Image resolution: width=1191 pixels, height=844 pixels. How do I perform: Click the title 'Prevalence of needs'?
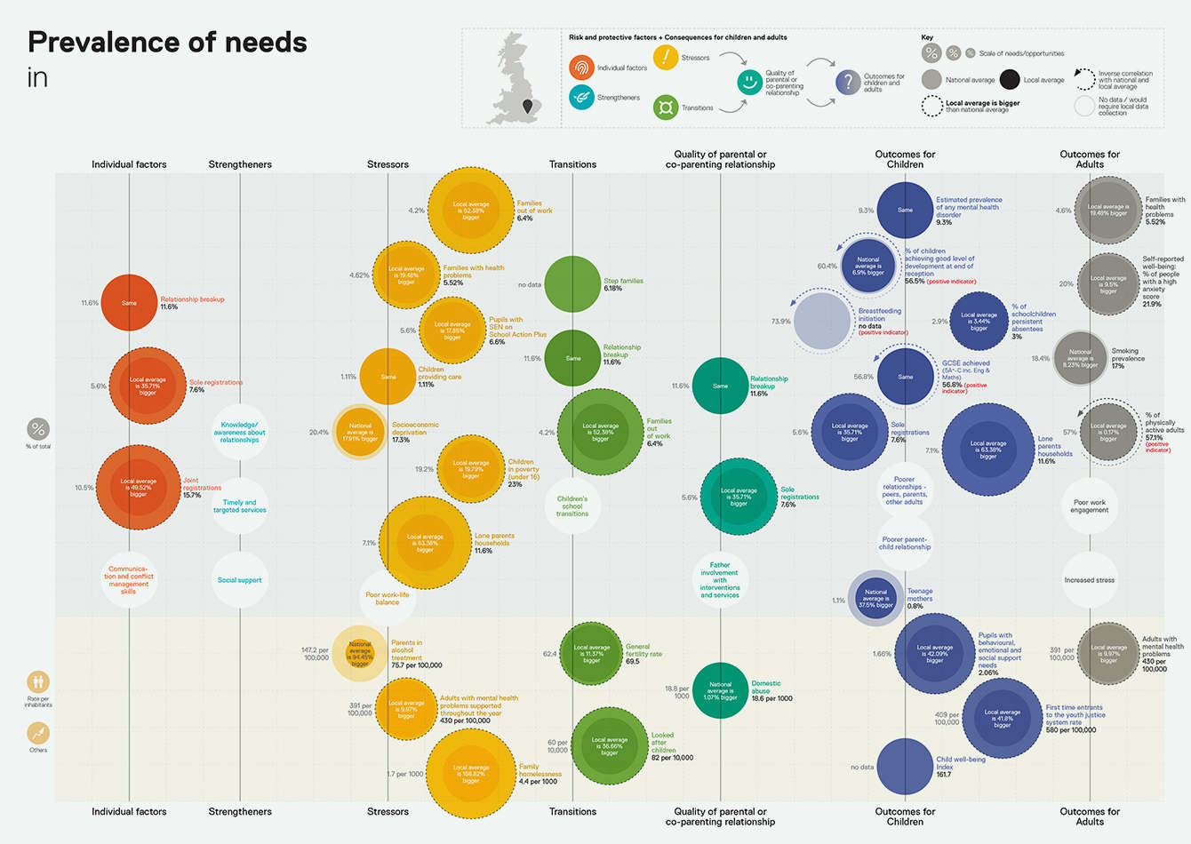coord(167,43)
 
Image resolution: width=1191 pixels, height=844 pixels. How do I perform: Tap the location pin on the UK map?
coord(529,107)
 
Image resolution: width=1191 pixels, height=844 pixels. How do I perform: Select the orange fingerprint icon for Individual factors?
coord(581,68)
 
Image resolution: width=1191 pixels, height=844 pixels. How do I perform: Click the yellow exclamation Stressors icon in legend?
coord(666,57)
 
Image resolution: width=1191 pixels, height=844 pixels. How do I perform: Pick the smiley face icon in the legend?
coord(750,83)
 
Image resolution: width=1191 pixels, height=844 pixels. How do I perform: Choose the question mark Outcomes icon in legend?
coord(848,83)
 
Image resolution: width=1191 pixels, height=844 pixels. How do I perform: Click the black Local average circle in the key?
coord(1010,79)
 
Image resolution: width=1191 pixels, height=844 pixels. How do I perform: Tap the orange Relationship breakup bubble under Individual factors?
coord(129,303)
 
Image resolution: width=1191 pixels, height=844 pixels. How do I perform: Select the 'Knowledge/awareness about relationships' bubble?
coord(240,433)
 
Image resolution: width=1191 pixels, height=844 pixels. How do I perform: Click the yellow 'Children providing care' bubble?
coord(388,377)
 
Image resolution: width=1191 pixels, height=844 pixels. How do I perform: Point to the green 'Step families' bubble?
coord(572,284)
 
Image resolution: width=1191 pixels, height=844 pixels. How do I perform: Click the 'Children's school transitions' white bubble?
coord(572,506)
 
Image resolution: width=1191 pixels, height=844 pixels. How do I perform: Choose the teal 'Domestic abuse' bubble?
coord(720,690)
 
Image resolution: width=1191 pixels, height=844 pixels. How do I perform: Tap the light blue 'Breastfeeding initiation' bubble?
coord(822,321)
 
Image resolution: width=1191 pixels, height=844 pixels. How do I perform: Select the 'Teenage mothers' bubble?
coord(875,599)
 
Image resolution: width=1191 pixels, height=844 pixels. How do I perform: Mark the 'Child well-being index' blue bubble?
coord(905,766)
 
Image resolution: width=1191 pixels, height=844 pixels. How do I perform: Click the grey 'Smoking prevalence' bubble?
coord(1081,358)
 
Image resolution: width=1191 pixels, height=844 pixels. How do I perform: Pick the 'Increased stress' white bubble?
coord(1090,580)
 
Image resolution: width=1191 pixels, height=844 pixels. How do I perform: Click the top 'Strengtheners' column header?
coord(240,164)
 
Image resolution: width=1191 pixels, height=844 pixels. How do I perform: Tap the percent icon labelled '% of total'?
coord(38,430)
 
